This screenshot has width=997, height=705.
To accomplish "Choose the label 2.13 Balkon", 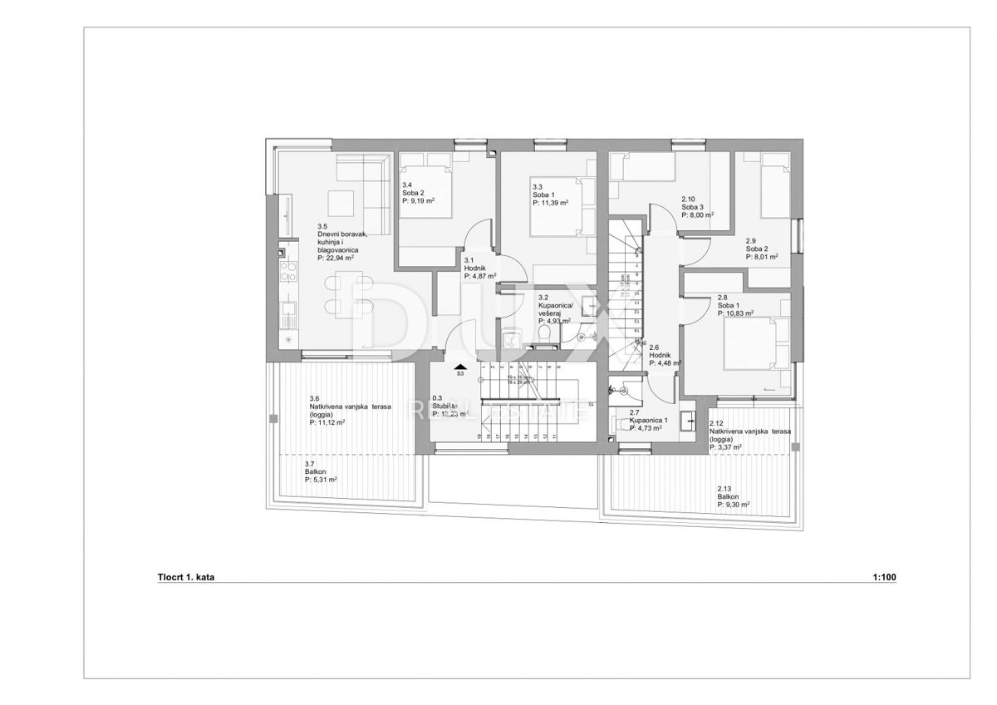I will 733,496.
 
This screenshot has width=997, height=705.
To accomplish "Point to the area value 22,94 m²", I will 341,258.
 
